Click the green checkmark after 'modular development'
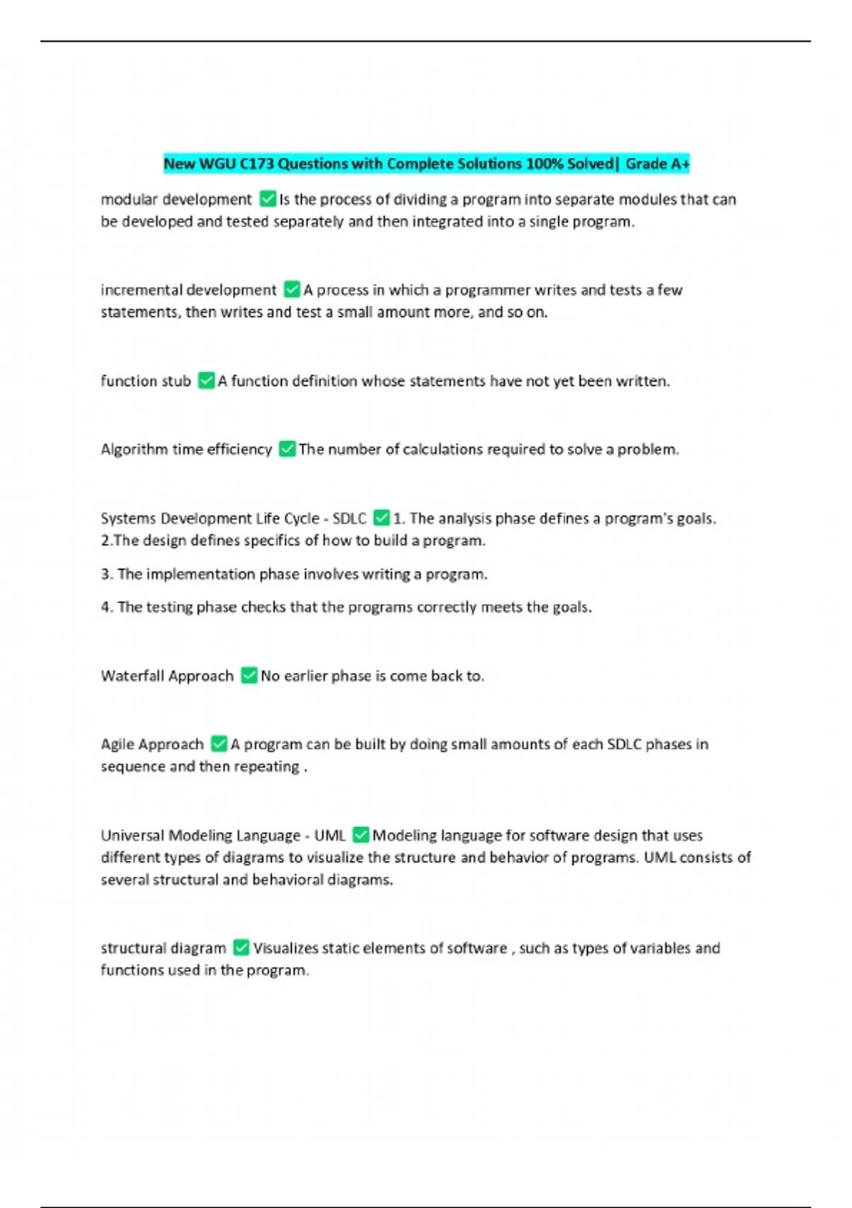coord(268,199)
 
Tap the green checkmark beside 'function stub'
coord(206,381)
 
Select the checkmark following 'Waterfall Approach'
coord(248,675)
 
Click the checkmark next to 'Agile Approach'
coord(219,744)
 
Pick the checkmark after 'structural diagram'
coord(241,948)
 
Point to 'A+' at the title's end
coord(679,164)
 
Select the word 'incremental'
coord(140,290)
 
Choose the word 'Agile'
coord(117,745)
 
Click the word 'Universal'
coord(132,836)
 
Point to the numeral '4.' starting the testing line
coord(106,608)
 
